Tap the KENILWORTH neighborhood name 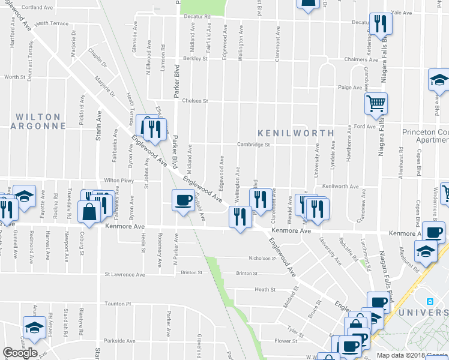(295, 132)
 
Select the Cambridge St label (253, 145)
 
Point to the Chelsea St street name (195, 101)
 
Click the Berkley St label (195, 59)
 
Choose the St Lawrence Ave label (125, 275)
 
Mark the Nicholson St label (261, 259)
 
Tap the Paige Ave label (349, 88)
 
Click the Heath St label (264, 289)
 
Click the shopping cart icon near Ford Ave (376, 104)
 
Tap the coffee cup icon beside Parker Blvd (183, 200)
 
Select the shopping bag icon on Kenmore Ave (89, 212)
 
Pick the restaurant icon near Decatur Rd (380, 23)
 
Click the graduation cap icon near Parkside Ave (34, 327)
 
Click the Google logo (20, 353)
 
